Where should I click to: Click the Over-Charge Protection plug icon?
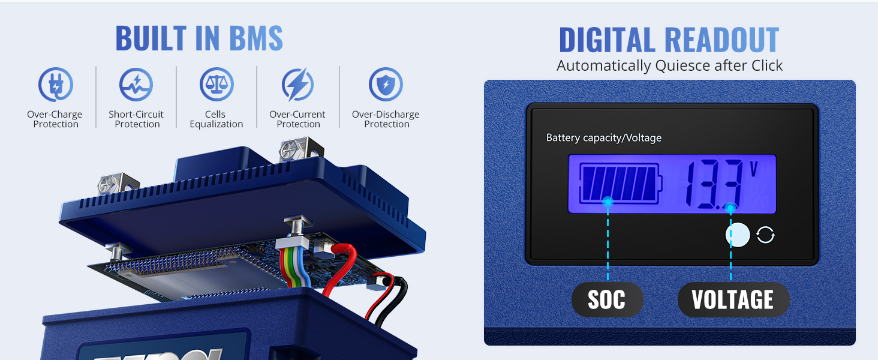pos(55,85)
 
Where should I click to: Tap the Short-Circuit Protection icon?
pos(136,85)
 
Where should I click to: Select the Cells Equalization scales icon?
pos(217,85)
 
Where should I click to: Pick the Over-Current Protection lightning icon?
pos(298,85)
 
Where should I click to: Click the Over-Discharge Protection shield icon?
pos(386,85)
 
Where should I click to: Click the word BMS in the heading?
pos(247,38)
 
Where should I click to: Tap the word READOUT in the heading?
pos(723,40)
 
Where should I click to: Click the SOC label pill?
pos(607,299)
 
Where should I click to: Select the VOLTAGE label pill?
pos(733,299)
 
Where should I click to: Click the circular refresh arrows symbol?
pos(766,235)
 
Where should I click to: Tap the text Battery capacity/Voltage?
pos(603,138)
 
